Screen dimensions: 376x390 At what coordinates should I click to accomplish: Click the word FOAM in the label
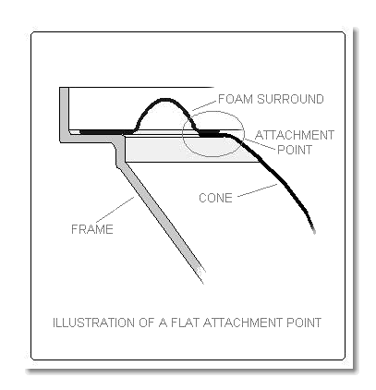click(x=236, y=99)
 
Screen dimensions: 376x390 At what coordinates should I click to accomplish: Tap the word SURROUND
click(x=290, y=99)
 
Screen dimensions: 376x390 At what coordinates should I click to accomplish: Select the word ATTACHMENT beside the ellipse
click(x=295, y=135)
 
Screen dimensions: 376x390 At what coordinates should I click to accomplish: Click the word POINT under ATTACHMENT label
click(x=295, y=150)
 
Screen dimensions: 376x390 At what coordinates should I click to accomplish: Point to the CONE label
click(x=215, y=198)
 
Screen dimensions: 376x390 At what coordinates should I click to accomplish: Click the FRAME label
click(x=92, y=229)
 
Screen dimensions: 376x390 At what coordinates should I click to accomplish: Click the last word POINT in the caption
click(x=304, y=323)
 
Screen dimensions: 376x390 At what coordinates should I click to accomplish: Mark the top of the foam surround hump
click(x=164, y=99)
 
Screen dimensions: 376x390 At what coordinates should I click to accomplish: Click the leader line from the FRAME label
click(x=115, y=210)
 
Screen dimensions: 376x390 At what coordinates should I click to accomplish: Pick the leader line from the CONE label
click(x=258, y=190)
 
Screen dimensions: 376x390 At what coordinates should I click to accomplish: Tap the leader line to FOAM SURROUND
click(x=203, y=105)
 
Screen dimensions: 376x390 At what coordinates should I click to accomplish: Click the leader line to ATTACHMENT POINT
click(x=260, y=144)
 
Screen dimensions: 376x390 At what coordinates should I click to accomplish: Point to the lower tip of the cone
click(x=314, y=232)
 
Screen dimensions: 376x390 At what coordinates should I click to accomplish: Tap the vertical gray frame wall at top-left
click(x=64, y=113)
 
